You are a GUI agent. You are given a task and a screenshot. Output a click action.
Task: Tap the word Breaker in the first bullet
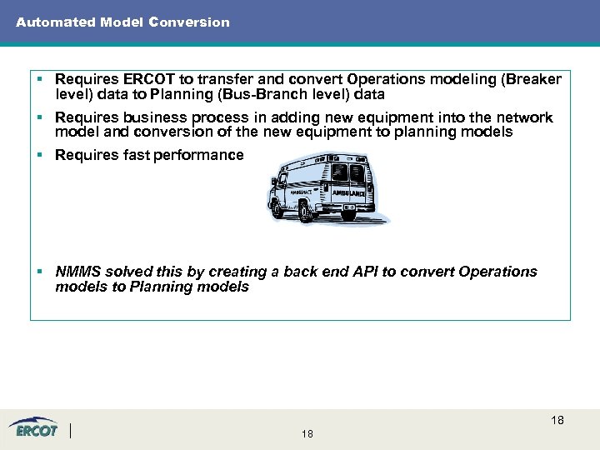click(533, 80)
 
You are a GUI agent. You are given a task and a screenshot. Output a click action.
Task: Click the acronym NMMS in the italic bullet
click(77, 272)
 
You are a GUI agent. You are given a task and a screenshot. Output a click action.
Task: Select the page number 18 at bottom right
click(557, 420)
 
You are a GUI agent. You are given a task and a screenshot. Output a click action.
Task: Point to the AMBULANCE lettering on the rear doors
click(348, 192)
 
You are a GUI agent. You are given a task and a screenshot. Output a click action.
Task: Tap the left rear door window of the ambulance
click(339, 171)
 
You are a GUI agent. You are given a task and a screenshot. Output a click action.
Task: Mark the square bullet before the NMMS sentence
click(40, 272)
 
